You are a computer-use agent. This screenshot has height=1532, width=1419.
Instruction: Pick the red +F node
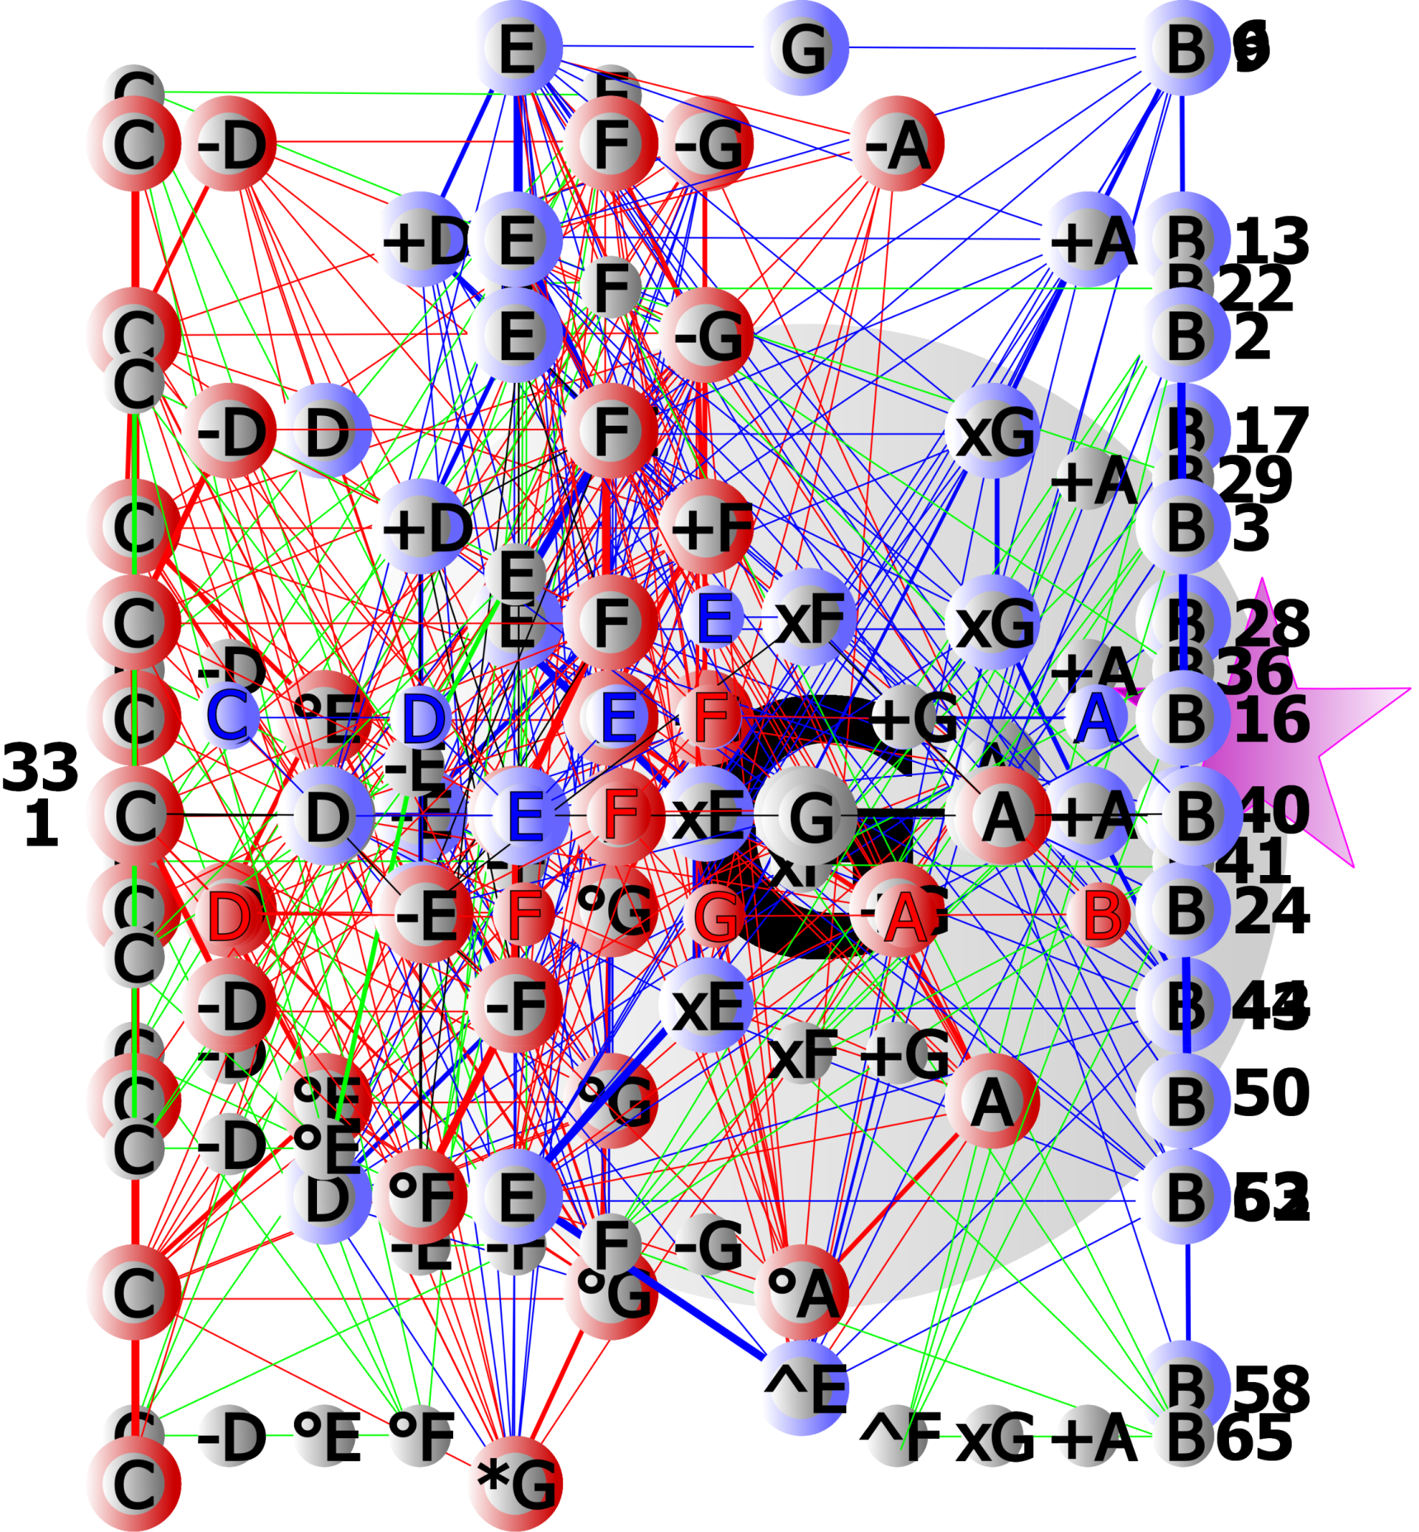tap(707, 528)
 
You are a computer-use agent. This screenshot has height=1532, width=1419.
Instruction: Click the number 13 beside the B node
tap(1270, 240)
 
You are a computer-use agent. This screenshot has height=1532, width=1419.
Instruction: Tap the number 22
tap(1256, 288)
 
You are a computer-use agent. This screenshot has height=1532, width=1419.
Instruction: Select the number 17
tap(1270, 431)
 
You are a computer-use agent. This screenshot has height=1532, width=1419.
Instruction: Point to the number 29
tap(1256, 479)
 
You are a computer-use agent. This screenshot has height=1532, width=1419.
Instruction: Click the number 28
tap(1270, 624)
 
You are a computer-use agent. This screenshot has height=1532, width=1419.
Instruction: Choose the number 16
tap(1270, 720)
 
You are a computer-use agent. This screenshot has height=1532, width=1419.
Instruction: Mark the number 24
tap(1270, 911)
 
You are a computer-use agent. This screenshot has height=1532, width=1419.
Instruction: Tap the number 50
tap(1270, 1092)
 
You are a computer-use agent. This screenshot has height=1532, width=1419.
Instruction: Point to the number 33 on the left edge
tap(40, 767)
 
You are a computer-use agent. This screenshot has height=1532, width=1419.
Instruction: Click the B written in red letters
tap(1101, 915)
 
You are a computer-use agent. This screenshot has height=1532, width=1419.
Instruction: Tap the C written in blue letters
tap(228, 715)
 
